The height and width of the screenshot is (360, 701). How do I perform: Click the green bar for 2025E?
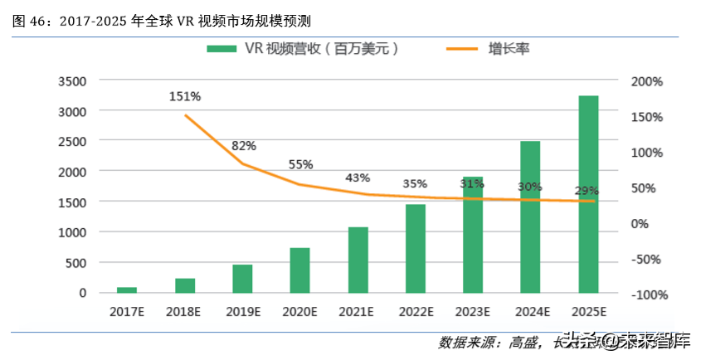point(588,194)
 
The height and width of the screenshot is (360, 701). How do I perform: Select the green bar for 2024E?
point(530,216)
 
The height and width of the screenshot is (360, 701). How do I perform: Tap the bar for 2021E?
point(358,259)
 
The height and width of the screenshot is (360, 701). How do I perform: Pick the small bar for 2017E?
point(127,289)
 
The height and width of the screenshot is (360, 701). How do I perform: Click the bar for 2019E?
point(242,278)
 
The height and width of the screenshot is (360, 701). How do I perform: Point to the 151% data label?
point(185,96)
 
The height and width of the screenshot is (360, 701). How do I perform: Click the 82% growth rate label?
point(243,146)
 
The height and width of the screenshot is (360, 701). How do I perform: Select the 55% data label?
point(300,164)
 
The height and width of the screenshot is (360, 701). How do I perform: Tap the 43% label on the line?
point(358,178)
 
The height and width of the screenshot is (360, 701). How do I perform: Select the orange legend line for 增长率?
point(453,49)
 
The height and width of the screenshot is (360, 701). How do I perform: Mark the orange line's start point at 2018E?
point(186,115)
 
